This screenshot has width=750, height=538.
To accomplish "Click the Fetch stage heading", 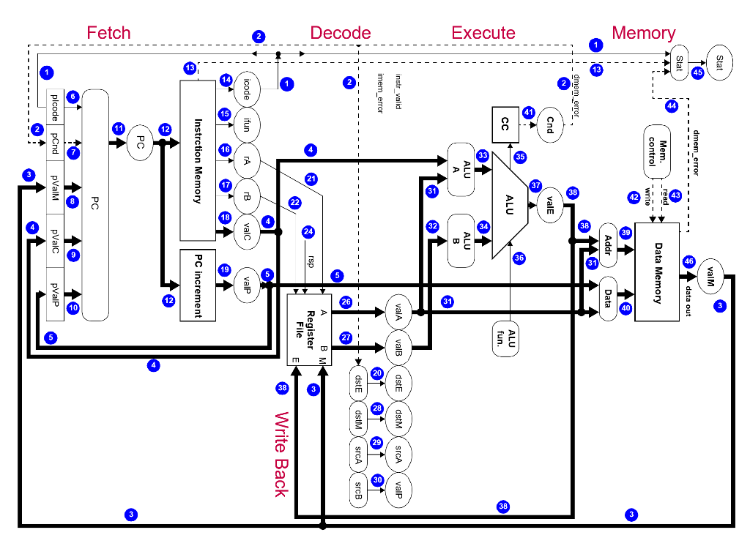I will [108, 33].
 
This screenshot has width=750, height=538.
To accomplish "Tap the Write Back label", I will [281, 454].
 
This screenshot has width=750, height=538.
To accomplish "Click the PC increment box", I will [198, 285].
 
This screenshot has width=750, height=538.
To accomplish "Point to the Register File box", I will [308, 329].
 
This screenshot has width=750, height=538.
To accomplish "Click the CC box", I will [505, 121].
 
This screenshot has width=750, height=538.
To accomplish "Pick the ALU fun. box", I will [511, 337].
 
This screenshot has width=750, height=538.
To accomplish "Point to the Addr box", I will [608, 245].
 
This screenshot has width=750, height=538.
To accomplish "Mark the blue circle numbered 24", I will [308, 232].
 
